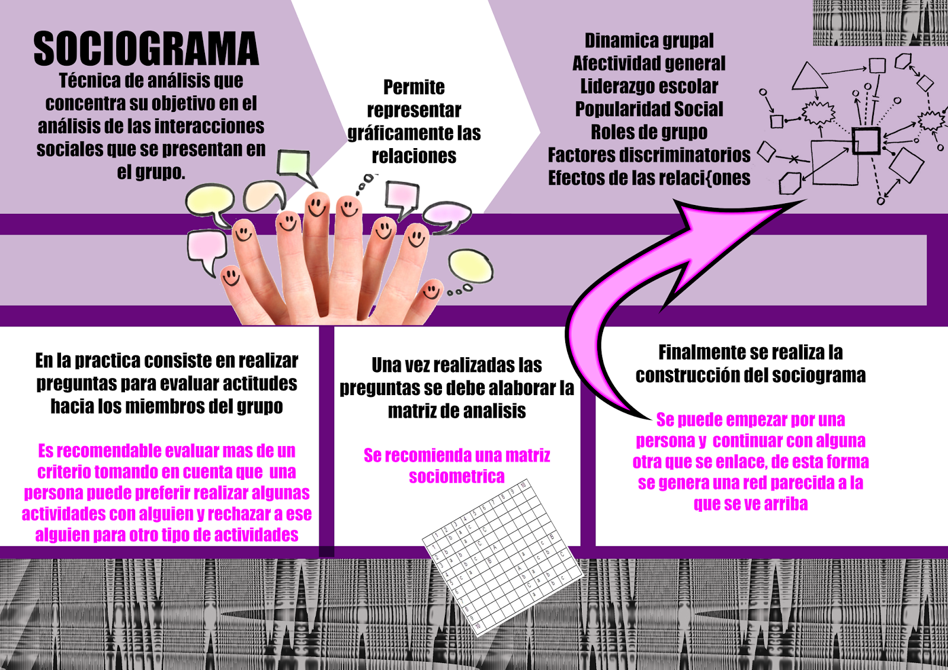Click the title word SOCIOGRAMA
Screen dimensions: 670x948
[x=146, y=49]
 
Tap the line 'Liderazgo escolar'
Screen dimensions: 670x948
[x=649, y=86]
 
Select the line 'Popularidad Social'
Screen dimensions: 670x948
[x=649, y=110]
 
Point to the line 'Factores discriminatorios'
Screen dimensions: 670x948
[x=649, y=155]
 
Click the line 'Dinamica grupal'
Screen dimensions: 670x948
[x=649, y=40]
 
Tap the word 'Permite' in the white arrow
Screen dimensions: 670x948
[x=414, y=88]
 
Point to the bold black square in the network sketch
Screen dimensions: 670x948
[x=866, y=141]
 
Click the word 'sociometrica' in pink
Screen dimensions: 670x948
[x=456, y=476]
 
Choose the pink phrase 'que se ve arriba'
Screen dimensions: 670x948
[x=750, y=504]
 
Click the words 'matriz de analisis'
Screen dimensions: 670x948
[x=456, y=411]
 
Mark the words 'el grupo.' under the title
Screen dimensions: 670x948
[x=150, y=172]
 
